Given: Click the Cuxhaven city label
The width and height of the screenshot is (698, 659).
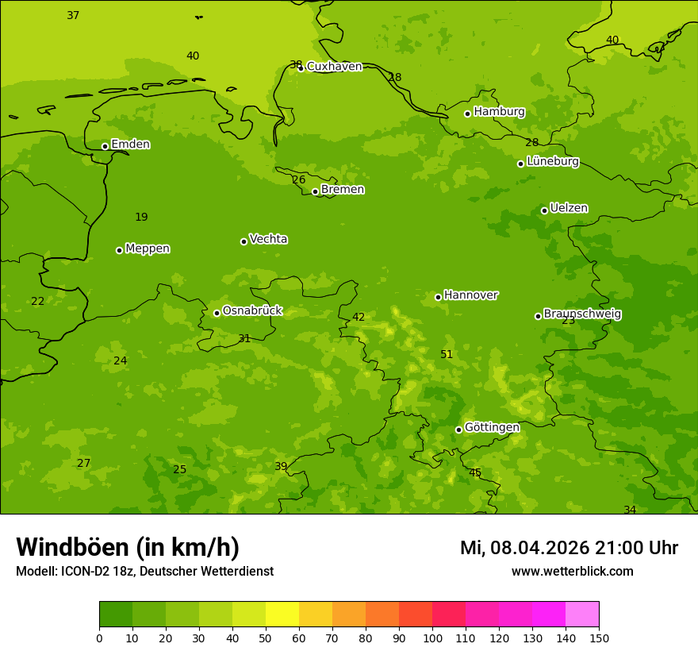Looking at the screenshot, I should tap(334, 67).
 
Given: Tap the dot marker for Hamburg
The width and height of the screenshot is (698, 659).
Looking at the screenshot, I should tap(468, 114).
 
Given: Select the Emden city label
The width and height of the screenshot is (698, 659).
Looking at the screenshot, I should tap(130, 145).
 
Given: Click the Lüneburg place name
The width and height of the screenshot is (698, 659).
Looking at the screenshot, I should tap(552, 161).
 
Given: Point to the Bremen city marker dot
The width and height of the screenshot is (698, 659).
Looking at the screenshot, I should tap(315, 191).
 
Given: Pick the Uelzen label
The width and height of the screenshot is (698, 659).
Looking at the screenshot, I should tap(569, 209).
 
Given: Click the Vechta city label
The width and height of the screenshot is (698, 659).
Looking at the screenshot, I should tap(268, 239).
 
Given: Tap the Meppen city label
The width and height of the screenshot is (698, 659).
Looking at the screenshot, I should tap(148, 249).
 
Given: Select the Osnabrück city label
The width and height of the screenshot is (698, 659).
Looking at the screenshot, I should tap(252, 311).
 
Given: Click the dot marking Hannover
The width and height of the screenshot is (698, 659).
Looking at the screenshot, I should tap(438, 297).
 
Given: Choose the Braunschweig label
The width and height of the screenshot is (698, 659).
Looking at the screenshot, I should tap(582, 314).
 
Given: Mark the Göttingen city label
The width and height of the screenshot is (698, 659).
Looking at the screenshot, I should tap(492, 428).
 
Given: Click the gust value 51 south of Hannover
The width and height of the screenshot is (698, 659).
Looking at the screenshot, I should tap(447, 355).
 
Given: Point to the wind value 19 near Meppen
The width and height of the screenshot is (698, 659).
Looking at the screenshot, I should tap(141, 218).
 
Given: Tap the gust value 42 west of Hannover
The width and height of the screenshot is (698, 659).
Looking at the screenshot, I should tap(359, 318).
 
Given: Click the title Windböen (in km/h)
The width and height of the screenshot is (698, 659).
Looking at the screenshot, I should tap(128, 547).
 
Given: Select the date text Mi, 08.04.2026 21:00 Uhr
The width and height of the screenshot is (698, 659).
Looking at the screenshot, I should tap(569, 548).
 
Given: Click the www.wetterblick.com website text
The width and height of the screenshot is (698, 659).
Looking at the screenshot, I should tap(572, 572).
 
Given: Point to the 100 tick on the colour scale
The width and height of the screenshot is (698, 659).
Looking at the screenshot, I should tap(432, 638).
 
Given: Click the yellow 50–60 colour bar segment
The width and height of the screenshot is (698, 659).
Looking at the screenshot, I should tap(282, 615).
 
